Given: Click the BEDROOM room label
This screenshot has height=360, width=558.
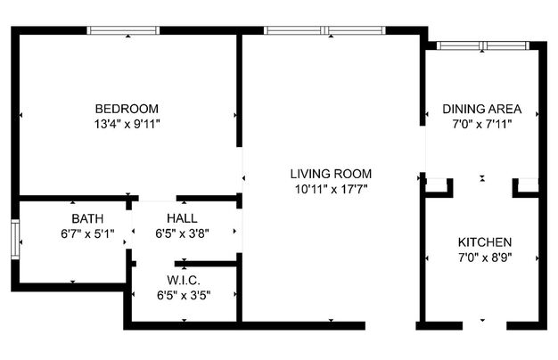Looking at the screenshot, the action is pyautogui.click(x=127, y=109).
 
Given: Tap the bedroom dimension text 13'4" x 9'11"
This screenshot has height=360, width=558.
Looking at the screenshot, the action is pyautogui.click(x=127, y=125).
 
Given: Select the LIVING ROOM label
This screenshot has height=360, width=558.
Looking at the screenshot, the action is pyautogui.click(x=331, y=174).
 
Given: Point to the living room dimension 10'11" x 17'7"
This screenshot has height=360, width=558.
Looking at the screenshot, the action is pyautogui.click(x=331, y=190).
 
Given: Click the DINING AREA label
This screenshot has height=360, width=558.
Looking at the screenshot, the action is pyautogui.click(x=482, y=109).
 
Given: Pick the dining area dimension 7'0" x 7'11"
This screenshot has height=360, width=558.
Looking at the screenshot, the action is pyautogui.click(x=482, y=125).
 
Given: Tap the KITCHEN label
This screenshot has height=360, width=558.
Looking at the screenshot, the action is pyautogui.click(x=485, y=242).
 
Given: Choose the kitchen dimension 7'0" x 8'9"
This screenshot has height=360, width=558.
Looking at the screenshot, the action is pyautogui.click(x=485, y=258).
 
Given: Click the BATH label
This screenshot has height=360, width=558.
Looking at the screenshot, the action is pyautogui.click(x=87, y=218).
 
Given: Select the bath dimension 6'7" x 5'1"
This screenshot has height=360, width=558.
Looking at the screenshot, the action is pyautogui.click(x=87, y=234).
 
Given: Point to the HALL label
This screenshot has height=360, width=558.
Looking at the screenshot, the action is pyautogui.click(x=182, y=218).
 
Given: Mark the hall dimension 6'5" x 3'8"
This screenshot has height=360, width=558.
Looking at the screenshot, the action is pyautogui.click(x=182, y=233).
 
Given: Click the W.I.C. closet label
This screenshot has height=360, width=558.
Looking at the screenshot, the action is pyautogui.click(x=184, y=281).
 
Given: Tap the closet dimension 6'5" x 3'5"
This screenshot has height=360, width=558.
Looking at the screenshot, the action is pyautogui.click(x=184, y=295).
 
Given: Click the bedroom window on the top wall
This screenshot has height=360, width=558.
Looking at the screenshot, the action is pyautogui.click(x=123, y=30).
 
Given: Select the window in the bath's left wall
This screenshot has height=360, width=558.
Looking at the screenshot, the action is pyautogui.click(x=15, y=240).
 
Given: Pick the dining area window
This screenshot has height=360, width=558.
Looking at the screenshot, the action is pyautogui.click(x=483, y=45).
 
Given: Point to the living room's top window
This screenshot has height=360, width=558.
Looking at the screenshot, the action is pyautogui.click(x=324, y=30).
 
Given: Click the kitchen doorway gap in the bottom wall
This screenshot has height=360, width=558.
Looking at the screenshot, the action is pyautogui.click(x=484, y=325).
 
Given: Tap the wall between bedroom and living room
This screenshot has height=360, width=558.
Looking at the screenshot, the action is pyautogui.click(x=240, y=90).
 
